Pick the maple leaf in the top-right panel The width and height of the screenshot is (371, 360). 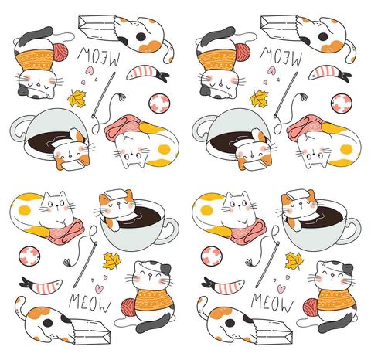coord(259,98)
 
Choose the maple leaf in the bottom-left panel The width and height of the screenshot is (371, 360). coord(111,260)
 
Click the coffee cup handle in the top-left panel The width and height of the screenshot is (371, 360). coord(19,127)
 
